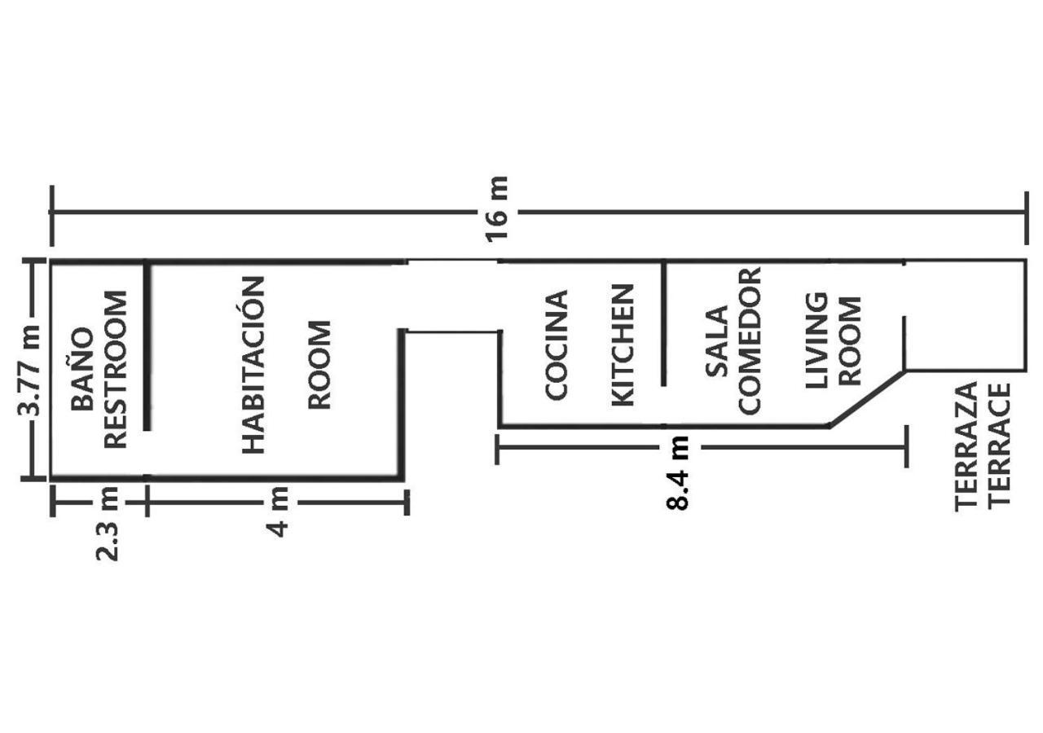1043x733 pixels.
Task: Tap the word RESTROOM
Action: click(x=115, y=370)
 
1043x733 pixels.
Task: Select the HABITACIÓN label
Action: click(x=254, y=364)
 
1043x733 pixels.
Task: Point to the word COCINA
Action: click(x=557, y=345)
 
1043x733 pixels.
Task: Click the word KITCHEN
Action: click(x=623, y=345)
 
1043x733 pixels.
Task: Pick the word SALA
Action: click(x=716, y=341)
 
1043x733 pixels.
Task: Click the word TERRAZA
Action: click(x=966, y=446)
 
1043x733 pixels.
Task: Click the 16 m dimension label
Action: click(x=498, y=208)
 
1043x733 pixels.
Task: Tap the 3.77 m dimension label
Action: click(x=30, y=371)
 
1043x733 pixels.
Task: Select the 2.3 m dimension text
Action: click(x=108, y=523)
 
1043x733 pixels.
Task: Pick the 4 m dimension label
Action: click(x=278, y=511)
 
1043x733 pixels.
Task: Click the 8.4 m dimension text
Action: click(x=678, y=473)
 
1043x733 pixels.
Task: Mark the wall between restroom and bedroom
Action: click(x=147, y=346)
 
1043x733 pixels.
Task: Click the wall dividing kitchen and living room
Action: click(x=663, y=324)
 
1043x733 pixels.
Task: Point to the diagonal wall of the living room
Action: click(x=866, y=398)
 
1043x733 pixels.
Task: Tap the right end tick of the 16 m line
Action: click(x=1025, y=214)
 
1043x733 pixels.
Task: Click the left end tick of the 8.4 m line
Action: click(x=497, y=450)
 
